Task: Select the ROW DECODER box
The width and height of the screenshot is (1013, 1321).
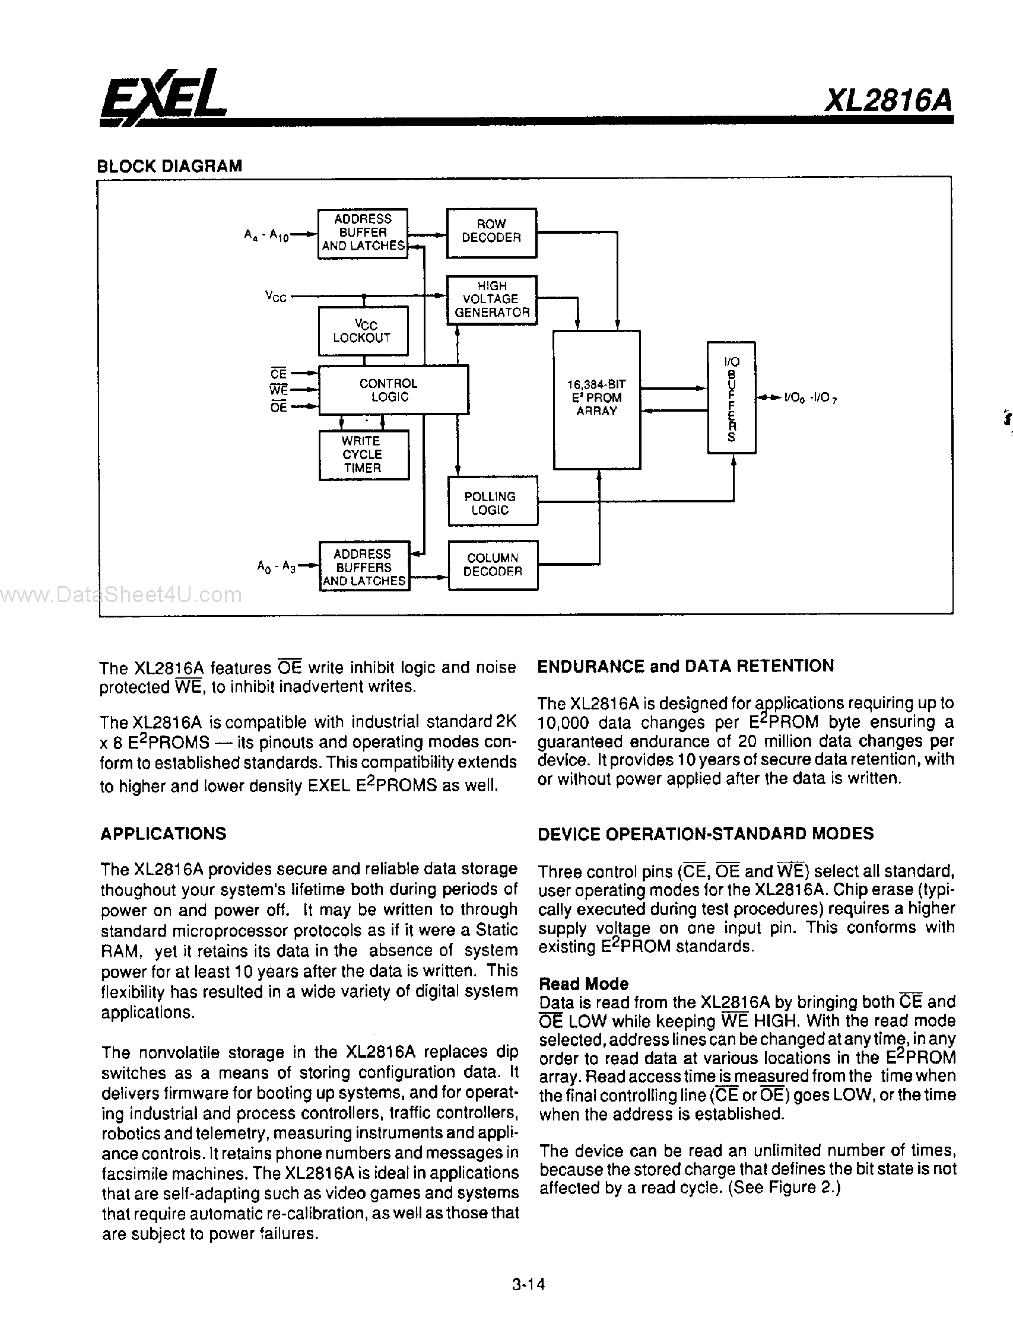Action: pos(491,232)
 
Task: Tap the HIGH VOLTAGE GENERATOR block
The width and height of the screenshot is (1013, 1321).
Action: pos(491,300)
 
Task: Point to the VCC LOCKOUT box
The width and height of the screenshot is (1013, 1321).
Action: pos(363,331)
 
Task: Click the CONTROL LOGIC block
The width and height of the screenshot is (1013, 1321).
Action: pos(392,390)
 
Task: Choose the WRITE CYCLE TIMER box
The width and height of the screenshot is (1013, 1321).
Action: pos(363,454)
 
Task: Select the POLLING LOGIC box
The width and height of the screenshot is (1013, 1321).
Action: pos(492,502)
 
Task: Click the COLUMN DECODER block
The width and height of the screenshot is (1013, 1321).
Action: pos(493,565)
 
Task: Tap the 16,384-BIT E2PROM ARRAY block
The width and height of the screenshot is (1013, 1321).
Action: pos(596,399)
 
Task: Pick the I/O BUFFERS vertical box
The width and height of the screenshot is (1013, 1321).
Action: pos(731,398)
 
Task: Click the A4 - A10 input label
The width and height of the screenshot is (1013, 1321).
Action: pos(266,235)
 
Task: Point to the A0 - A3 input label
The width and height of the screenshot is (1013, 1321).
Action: pos(275,566)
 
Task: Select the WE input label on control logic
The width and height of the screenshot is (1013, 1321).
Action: pos(278,390)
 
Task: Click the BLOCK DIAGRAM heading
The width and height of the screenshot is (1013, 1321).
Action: pos(170,165)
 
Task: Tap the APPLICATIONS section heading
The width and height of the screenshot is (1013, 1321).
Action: pos(163,833)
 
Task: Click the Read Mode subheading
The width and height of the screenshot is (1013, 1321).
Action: pos(583,983)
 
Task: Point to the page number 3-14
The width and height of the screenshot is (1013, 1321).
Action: pos(528,1284)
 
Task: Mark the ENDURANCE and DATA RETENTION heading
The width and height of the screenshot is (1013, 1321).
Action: pos(685,666)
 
